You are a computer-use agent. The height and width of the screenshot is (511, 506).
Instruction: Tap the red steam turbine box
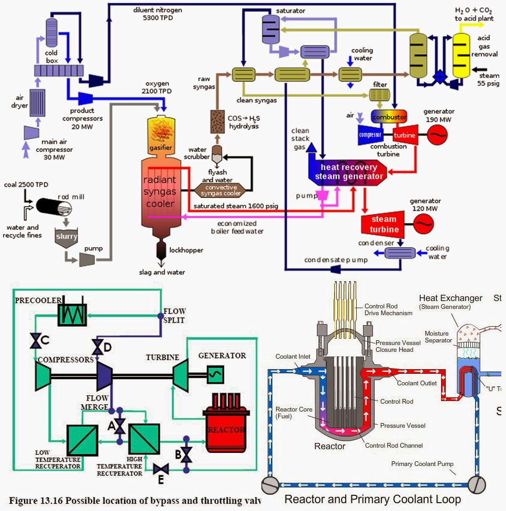coord(384,224)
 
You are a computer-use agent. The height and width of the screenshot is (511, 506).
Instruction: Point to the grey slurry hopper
coord(67,237)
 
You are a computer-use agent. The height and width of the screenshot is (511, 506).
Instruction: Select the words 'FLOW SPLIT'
coord(174,315)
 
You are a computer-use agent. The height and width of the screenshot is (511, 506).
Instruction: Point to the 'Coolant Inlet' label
coord(294,357)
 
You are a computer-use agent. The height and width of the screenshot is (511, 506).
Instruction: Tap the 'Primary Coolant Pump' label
coord(422,464)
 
